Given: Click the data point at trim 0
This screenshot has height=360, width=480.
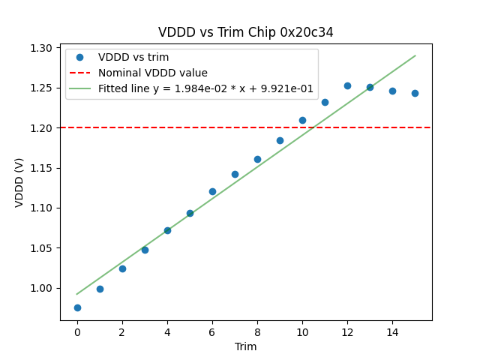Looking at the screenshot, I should pos(77,307).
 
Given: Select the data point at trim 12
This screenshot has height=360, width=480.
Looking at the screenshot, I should pos(347,85).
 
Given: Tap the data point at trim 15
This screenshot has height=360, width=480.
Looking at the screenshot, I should pos(415,93).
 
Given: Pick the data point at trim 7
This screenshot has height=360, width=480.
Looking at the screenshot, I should pos(235,174).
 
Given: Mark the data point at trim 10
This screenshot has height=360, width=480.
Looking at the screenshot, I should pos(302,120).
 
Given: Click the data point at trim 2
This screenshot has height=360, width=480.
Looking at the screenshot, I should pos(122,268).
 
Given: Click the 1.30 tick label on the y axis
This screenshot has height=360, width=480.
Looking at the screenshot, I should pos(41,48).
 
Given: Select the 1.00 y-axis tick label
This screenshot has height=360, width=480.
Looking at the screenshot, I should pos(41,288).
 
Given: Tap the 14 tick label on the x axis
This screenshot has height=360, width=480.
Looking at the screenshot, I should pos(392,331).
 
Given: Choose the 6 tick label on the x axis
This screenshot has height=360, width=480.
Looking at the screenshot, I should pos(212,331).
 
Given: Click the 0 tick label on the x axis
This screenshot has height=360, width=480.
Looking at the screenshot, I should pos(77,331).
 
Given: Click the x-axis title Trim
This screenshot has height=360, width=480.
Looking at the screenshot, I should pos(246,346).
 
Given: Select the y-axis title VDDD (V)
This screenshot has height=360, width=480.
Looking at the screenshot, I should pos(20,182).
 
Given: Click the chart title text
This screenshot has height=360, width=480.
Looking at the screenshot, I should pos(246,32).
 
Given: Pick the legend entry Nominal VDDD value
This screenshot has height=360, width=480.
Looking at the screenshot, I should pos(153,73).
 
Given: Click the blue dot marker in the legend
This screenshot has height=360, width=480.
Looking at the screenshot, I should pos(79,57).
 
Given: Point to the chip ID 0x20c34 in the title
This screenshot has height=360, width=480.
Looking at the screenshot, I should pos(305,32).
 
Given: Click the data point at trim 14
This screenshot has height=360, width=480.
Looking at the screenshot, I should pos(392,91).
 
